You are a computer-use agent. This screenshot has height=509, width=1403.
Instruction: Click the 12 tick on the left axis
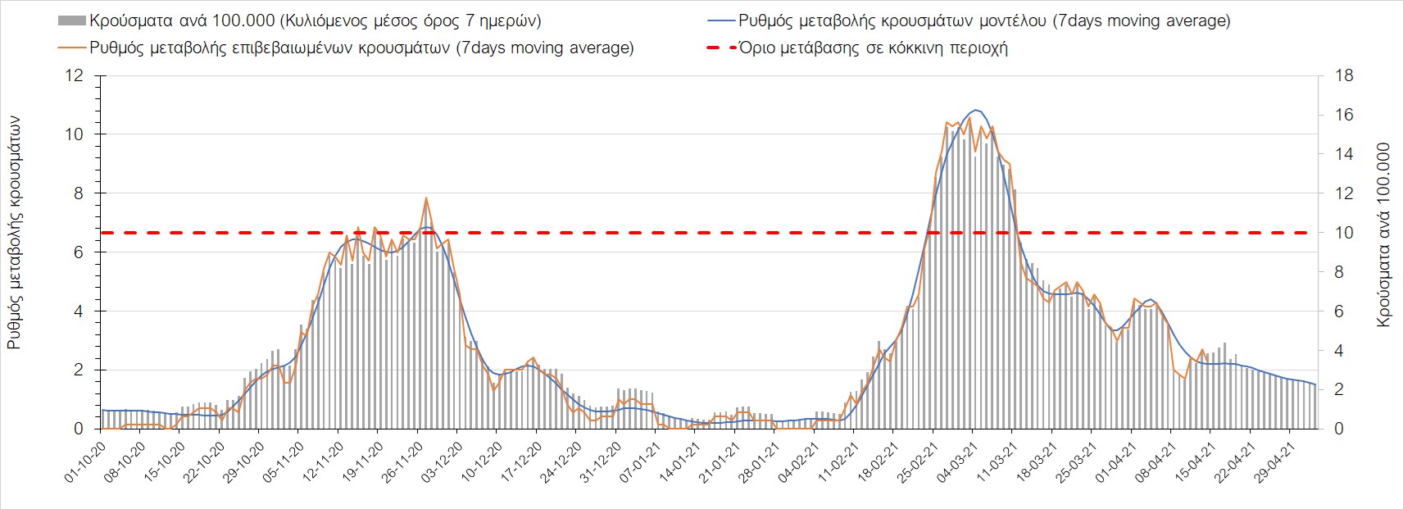point(75,76)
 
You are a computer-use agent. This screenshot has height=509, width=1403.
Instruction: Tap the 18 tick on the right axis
point(1344,76)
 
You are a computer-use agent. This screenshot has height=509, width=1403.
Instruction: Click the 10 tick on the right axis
point(1344,233)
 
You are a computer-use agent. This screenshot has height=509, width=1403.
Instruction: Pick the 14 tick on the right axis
point(1344,155)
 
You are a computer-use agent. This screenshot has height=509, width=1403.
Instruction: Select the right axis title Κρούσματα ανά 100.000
point(1383,235)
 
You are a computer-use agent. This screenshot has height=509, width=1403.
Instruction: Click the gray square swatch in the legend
point(72,20)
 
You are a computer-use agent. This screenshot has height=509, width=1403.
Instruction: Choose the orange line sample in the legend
point(72,48)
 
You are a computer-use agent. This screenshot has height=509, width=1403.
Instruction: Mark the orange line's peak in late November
point(426,198)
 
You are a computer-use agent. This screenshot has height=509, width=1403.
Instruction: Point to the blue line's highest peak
point(975,110)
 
